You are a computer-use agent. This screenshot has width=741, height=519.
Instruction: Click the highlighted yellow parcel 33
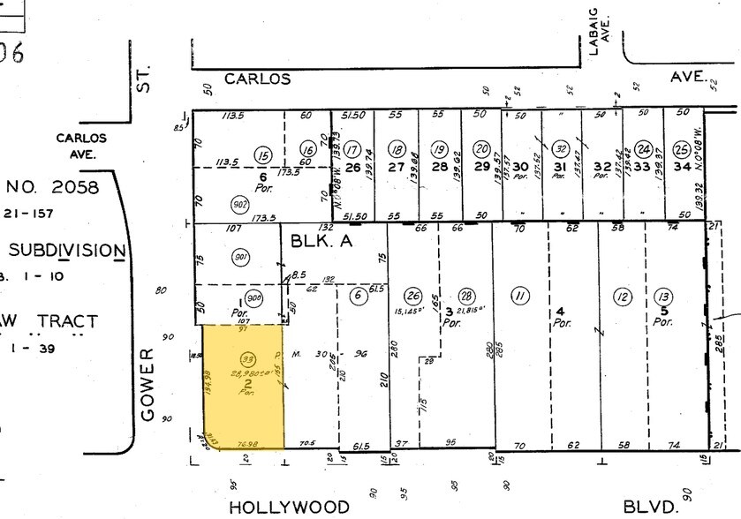pos(243,388)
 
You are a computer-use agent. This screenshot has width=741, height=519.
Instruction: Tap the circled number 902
pos(215,200)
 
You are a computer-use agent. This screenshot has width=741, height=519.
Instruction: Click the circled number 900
pos(253,297)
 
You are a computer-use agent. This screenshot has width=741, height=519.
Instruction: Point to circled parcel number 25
pos(681,148)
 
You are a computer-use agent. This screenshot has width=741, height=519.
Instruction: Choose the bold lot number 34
pos(681,166)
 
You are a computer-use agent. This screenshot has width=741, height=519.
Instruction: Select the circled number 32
pos(561,148)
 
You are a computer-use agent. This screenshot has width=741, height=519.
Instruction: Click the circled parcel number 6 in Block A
pos(358,295)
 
